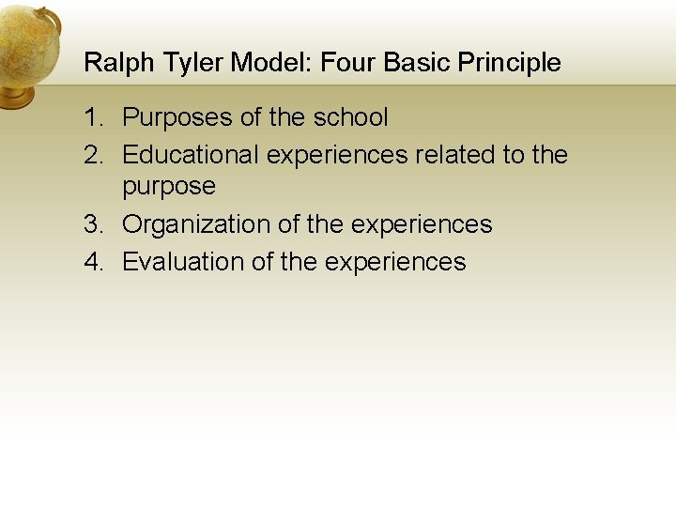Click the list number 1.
tap(92, 117)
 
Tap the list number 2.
tap(92, 154)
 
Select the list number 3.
tap(92, 224)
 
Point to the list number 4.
tap(92, 261)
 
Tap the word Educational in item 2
tap(191, 154)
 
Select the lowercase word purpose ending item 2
tap(169, 187)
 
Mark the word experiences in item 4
tap(395, 261)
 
